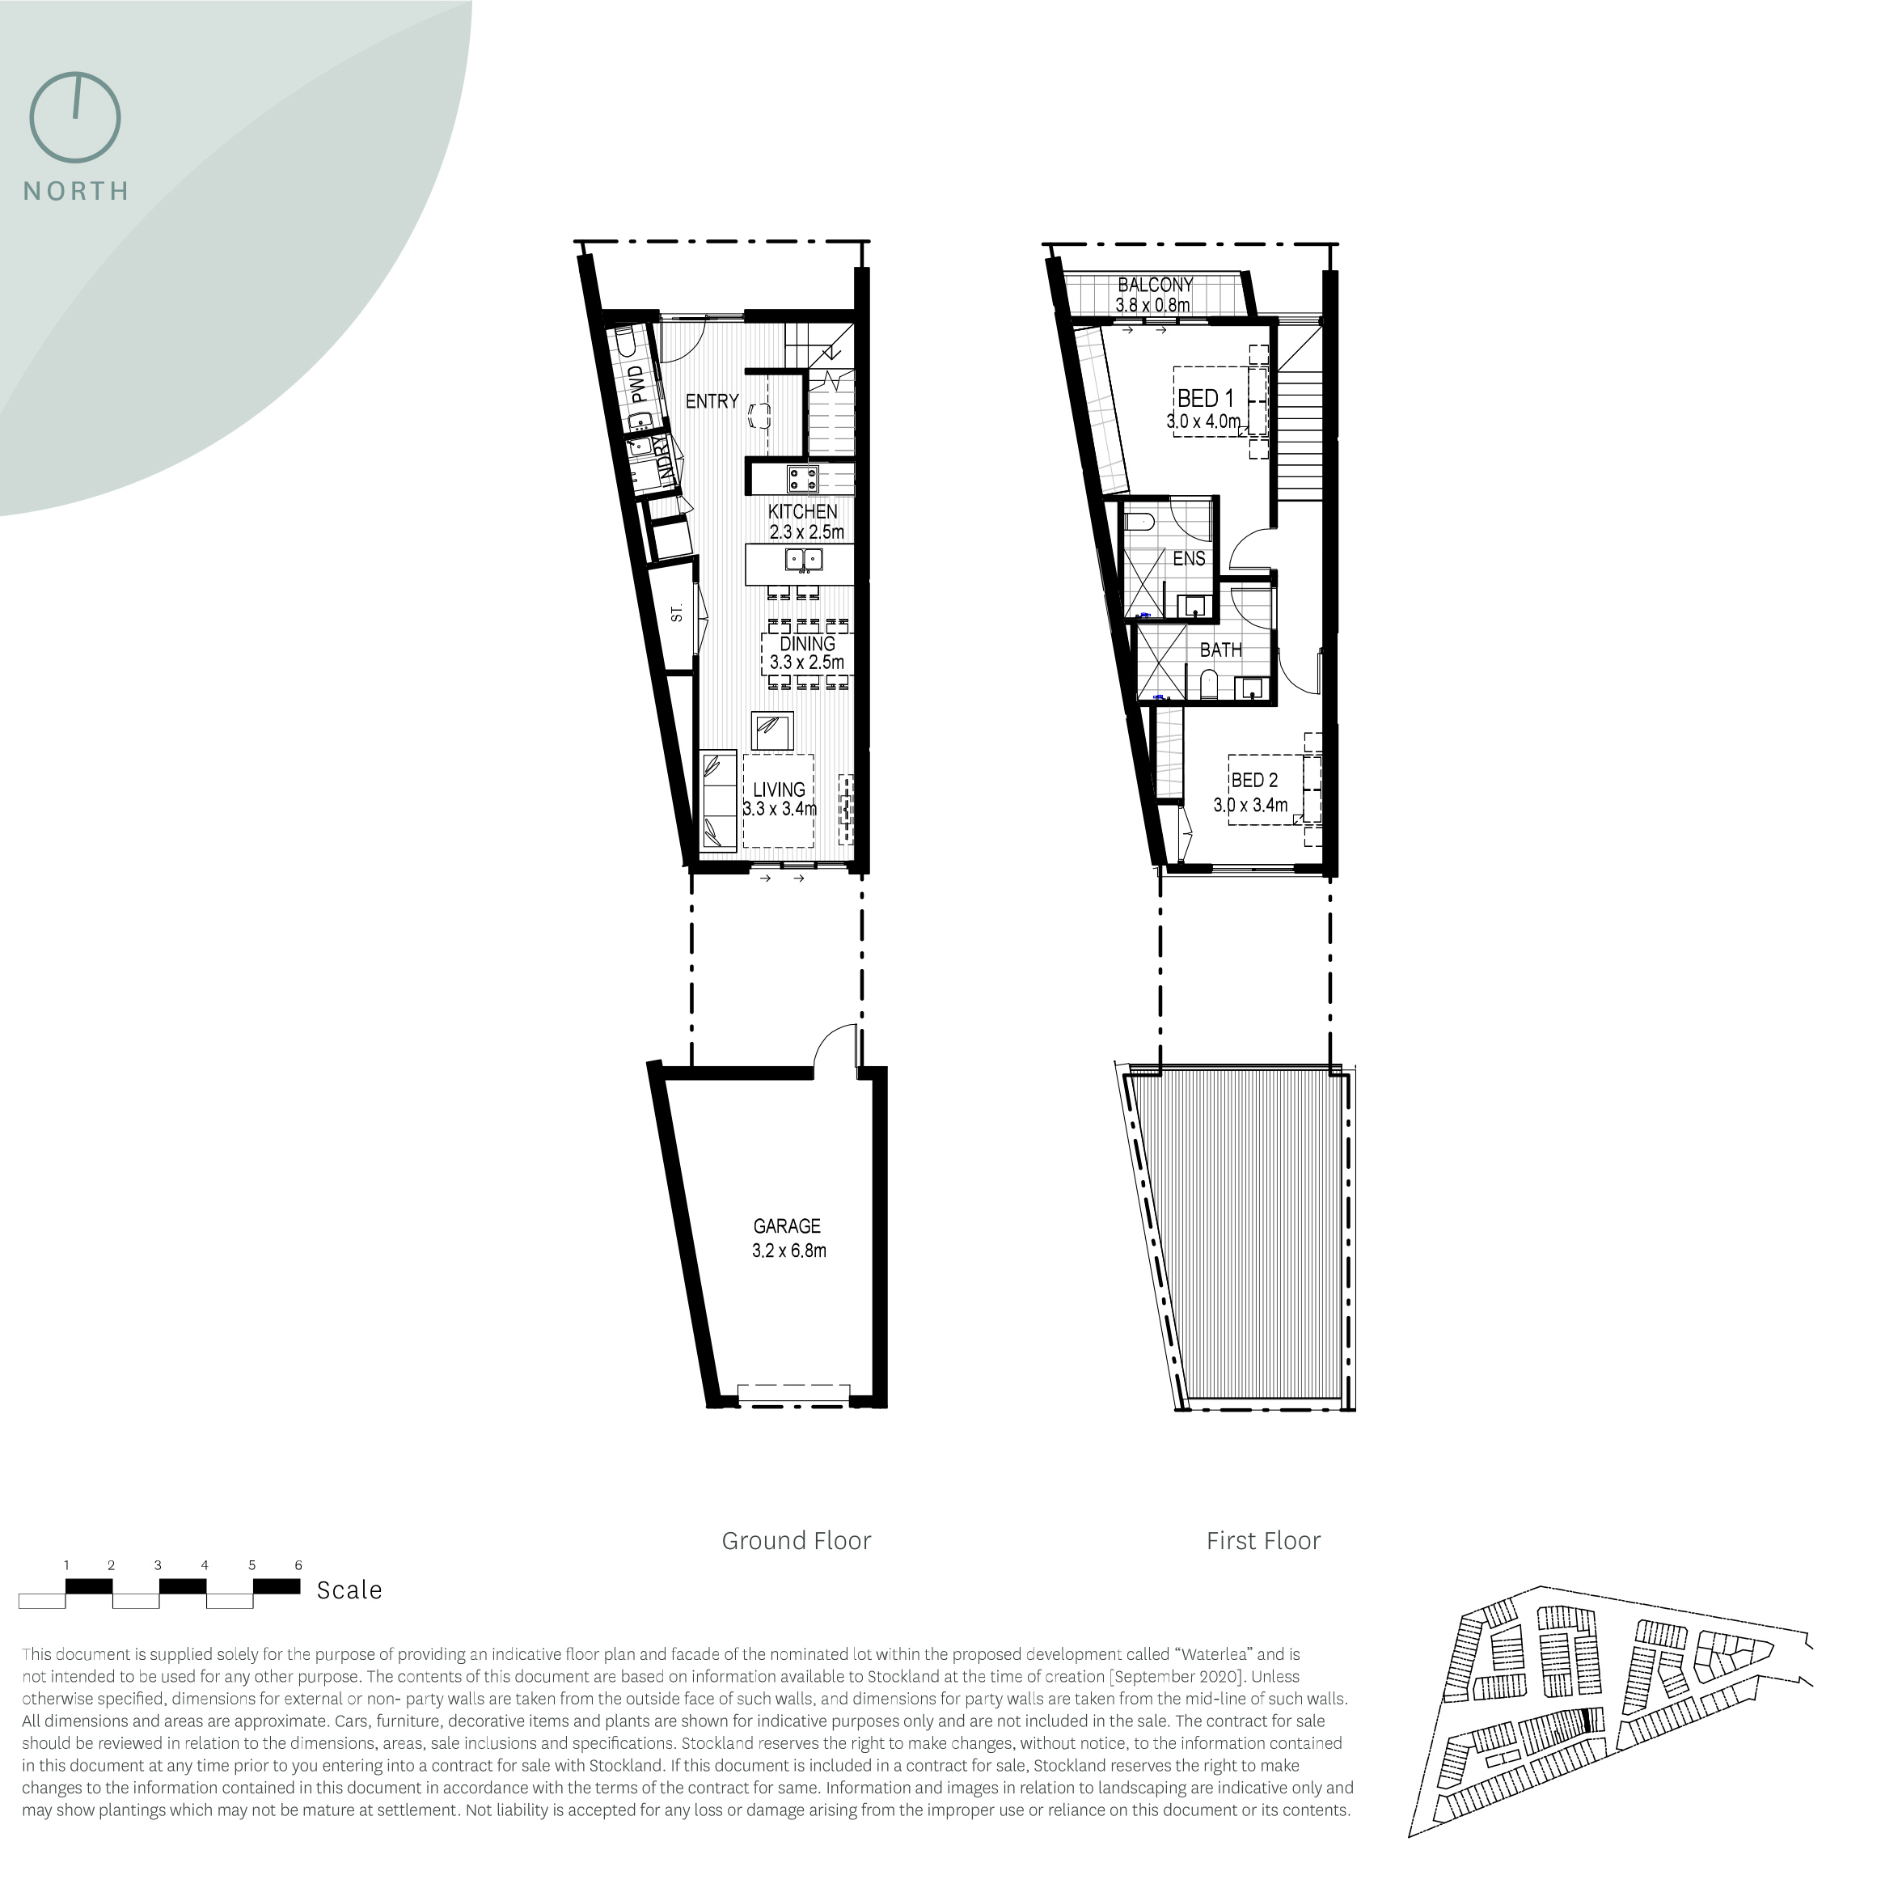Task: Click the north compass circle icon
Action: pyautogui.click(x=75, y=117)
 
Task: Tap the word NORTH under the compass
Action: pyautogui.click(x=76, y=192)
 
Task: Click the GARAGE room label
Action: pyautogui.click(x=787, y=1226)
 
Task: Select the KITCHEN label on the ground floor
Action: pyautogui.click(x=802, y=511)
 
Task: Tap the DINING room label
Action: pyautogui.click(x=807, y=644)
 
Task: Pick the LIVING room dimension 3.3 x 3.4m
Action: pyautogui.click(x=780, y=808)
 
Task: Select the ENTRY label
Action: pyautogui.click(x=712, y=400)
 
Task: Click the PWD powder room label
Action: pyautogui.click(x=637, y=385)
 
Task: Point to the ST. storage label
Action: pyautogui.click(x=676, y=614)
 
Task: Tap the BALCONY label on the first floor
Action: pyautogui.click(x=1155, y=286)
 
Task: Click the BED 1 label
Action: pyautogui.click(x=1205, y=399)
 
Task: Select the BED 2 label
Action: pyautogui.click(x=1254, y=780)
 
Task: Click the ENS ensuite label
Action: pyautogui.click(x=1188, y=559)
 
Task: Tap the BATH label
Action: pyautogui.click(x=1220, y=650)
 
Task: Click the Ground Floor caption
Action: pyautogui.click(x=797, y=1541)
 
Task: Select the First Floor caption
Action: pyautogui.click(x=1263, y=1541)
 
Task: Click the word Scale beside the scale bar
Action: pyautogui.click(x=349, y=1590)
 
